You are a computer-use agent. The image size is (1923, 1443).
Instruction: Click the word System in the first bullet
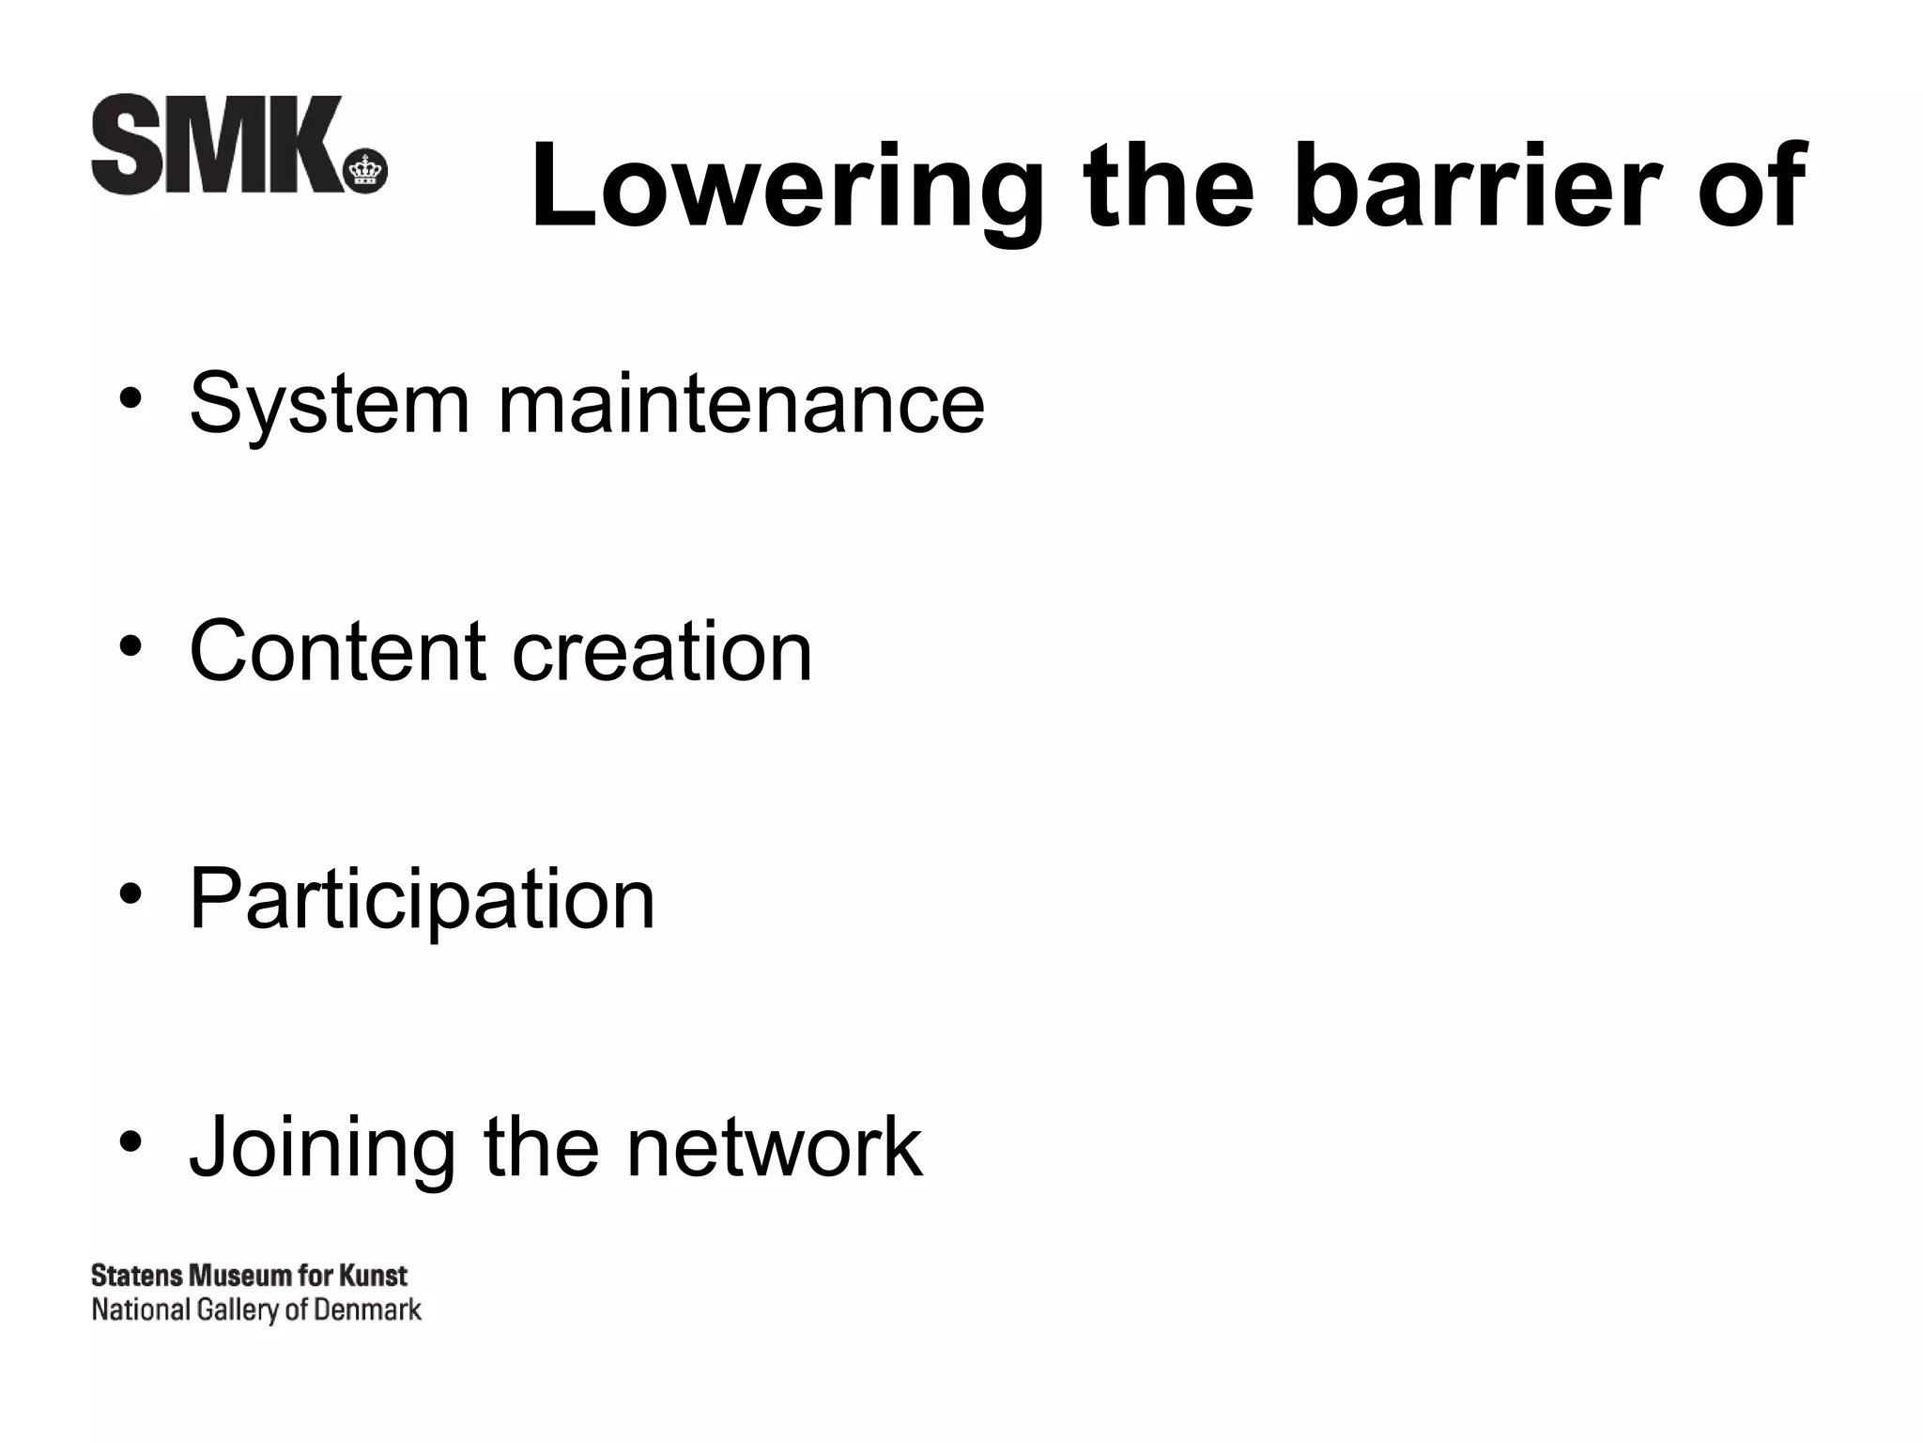[329, 405]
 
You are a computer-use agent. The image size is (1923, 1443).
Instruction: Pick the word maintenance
[741, 405]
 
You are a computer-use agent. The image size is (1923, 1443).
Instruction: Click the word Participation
[422, 900]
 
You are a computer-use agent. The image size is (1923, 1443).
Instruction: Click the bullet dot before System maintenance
[131, 400]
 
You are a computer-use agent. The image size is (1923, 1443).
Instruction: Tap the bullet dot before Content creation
[131, 647]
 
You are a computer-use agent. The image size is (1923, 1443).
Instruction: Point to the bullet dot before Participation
[131, 894]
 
